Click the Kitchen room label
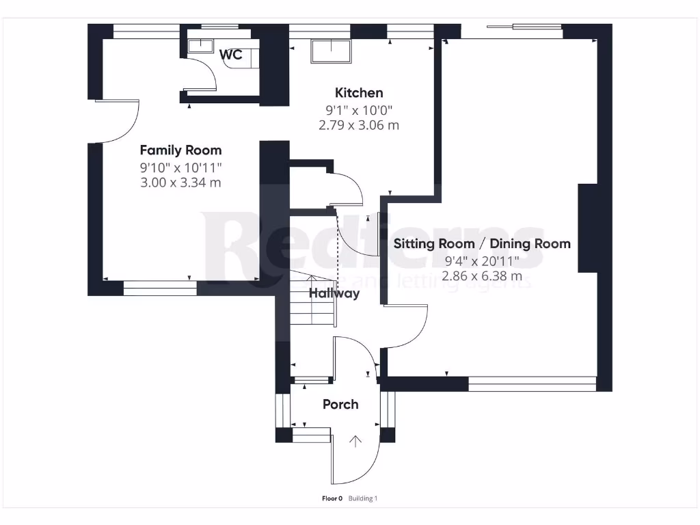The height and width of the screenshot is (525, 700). pos(358,93)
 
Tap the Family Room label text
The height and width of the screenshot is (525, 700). pos(180,150)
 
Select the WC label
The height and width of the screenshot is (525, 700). pos(231,55)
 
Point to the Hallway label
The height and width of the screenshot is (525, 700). pos(334,294)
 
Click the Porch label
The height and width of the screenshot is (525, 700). pos(340,404)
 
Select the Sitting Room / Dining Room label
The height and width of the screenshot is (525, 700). pos(482,243)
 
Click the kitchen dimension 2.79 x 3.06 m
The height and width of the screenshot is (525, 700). pos(358,126)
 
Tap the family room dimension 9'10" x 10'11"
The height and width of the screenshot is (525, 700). pos(180,167)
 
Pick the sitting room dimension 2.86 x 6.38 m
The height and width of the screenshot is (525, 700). pos(482,276)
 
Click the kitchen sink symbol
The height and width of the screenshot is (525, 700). pos(331,51)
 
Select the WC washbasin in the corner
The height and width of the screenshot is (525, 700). pos(199,46)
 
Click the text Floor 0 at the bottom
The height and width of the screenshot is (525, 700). pos(333,498)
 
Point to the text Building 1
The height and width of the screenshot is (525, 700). pos(363,498)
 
